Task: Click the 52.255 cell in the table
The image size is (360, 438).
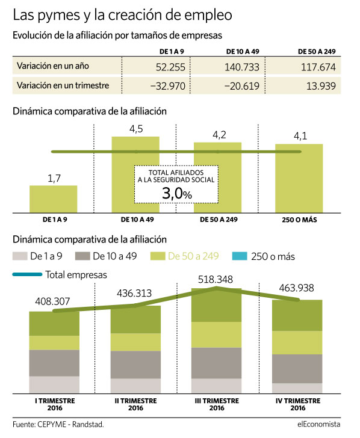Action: click(170, 67)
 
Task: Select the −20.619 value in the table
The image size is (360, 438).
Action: click(242, 86)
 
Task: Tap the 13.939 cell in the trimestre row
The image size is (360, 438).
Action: click(321, 86)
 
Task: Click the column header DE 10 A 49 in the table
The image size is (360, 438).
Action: click(243, 51)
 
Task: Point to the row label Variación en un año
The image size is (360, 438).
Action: click(53, 66)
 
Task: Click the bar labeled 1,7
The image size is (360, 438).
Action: click(54, 199)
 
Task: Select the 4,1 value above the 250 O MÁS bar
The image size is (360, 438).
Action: click(300, 136)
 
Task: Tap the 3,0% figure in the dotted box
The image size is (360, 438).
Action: click(176, 193)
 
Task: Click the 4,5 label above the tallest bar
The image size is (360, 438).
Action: click(136, 129)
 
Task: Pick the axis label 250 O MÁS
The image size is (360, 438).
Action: click(299, 220)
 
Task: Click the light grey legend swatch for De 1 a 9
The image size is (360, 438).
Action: click(20, 256)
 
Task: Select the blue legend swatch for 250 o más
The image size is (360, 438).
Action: click(240, 256)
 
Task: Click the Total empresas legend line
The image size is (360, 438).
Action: click(27, 274)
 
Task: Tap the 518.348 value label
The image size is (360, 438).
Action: click(216, 279)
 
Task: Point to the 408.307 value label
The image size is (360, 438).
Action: click(52, 301)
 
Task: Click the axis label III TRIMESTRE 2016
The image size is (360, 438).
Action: click(217, 404)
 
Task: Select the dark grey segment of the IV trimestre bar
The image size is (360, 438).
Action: click(297, 369)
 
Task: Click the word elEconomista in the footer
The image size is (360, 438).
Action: click(319, 424)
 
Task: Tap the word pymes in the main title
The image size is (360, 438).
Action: click(59, 16)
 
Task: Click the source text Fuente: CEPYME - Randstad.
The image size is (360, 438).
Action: click(58, 424)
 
